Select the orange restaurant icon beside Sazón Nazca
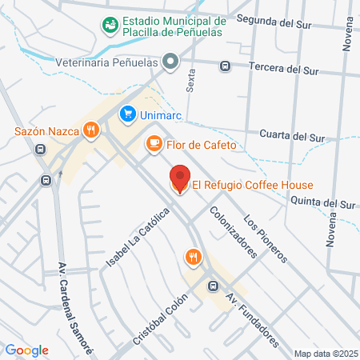(92, 130)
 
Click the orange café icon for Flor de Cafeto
(153, 144)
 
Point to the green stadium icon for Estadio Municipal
(110, 26)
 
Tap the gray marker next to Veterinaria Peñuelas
(170, 61)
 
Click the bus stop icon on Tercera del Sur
(226, 66)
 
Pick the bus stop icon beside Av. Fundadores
(212, 286)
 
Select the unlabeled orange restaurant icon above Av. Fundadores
(193, 257)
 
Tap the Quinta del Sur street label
(322, 202)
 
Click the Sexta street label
(190, 80)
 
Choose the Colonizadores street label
(234, 233)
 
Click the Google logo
(26, 350)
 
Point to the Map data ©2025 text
(325, 354)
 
